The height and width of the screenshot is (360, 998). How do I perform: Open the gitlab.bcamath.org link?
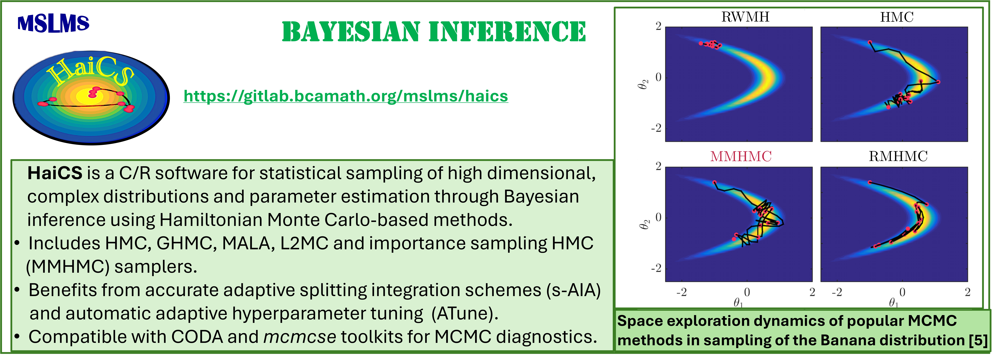click(346, 96)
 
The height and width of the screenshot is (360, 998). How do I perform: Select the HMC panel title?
click(897, 17)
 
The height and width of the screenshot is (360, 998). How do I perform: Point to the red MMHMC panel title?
click(741, 156)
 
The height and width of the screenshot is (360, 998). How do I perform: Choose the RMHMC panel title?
click(898, 156)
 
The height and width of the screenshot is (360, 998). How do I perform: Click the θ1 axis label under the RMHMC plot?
click(893, 302)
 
